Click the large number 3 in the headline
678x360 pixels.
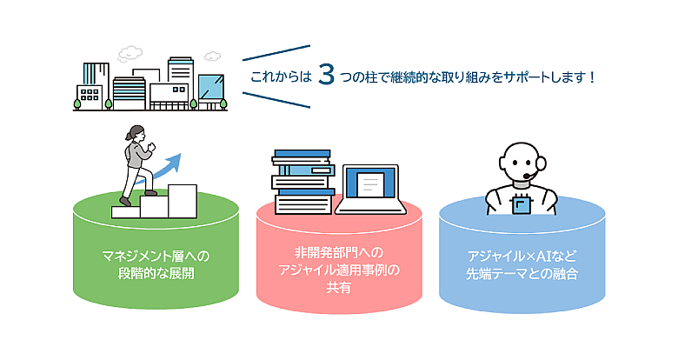(327, 76)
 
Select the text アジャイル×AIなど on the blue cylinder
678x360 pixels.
(521, 257)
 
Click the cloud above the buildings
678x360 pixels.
(130, 51)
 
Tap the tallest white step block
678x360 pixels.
(182, 200)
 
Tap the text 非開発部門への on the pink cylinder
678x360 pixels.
(339, 254)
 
